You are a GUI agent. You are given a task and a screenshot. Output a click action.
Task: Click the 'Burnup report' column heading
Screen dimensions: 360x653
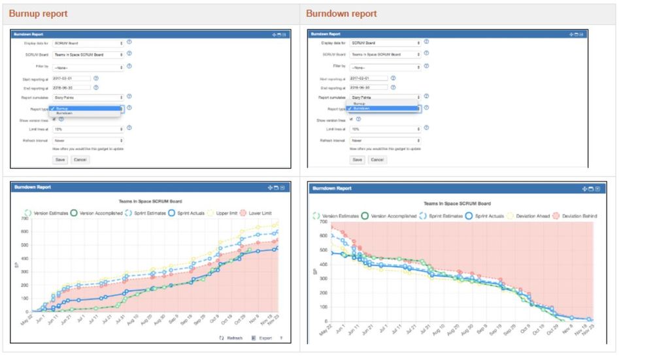[x=38, y=14]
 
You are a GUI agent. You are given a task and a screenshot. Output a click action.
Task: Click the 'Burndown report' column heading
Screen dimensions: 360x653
[x=341, y=14]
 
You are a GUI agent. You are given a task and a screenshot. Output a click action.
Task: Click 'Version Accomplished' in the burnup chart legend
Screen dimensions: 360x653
[x=100, y=213]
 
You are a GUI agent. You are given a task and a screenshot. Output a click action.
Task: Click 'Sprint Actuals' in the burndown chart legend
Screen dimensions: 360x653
[x=487, y=216]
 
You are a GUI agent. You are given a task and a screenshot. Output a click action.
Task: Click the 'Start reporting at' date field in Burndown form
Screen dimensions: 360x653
[x=369, y=78]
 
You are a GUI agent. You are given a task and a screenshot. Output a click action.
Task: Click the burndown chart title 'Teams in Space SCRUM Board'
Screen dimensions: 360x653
[x=457, y=204]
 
